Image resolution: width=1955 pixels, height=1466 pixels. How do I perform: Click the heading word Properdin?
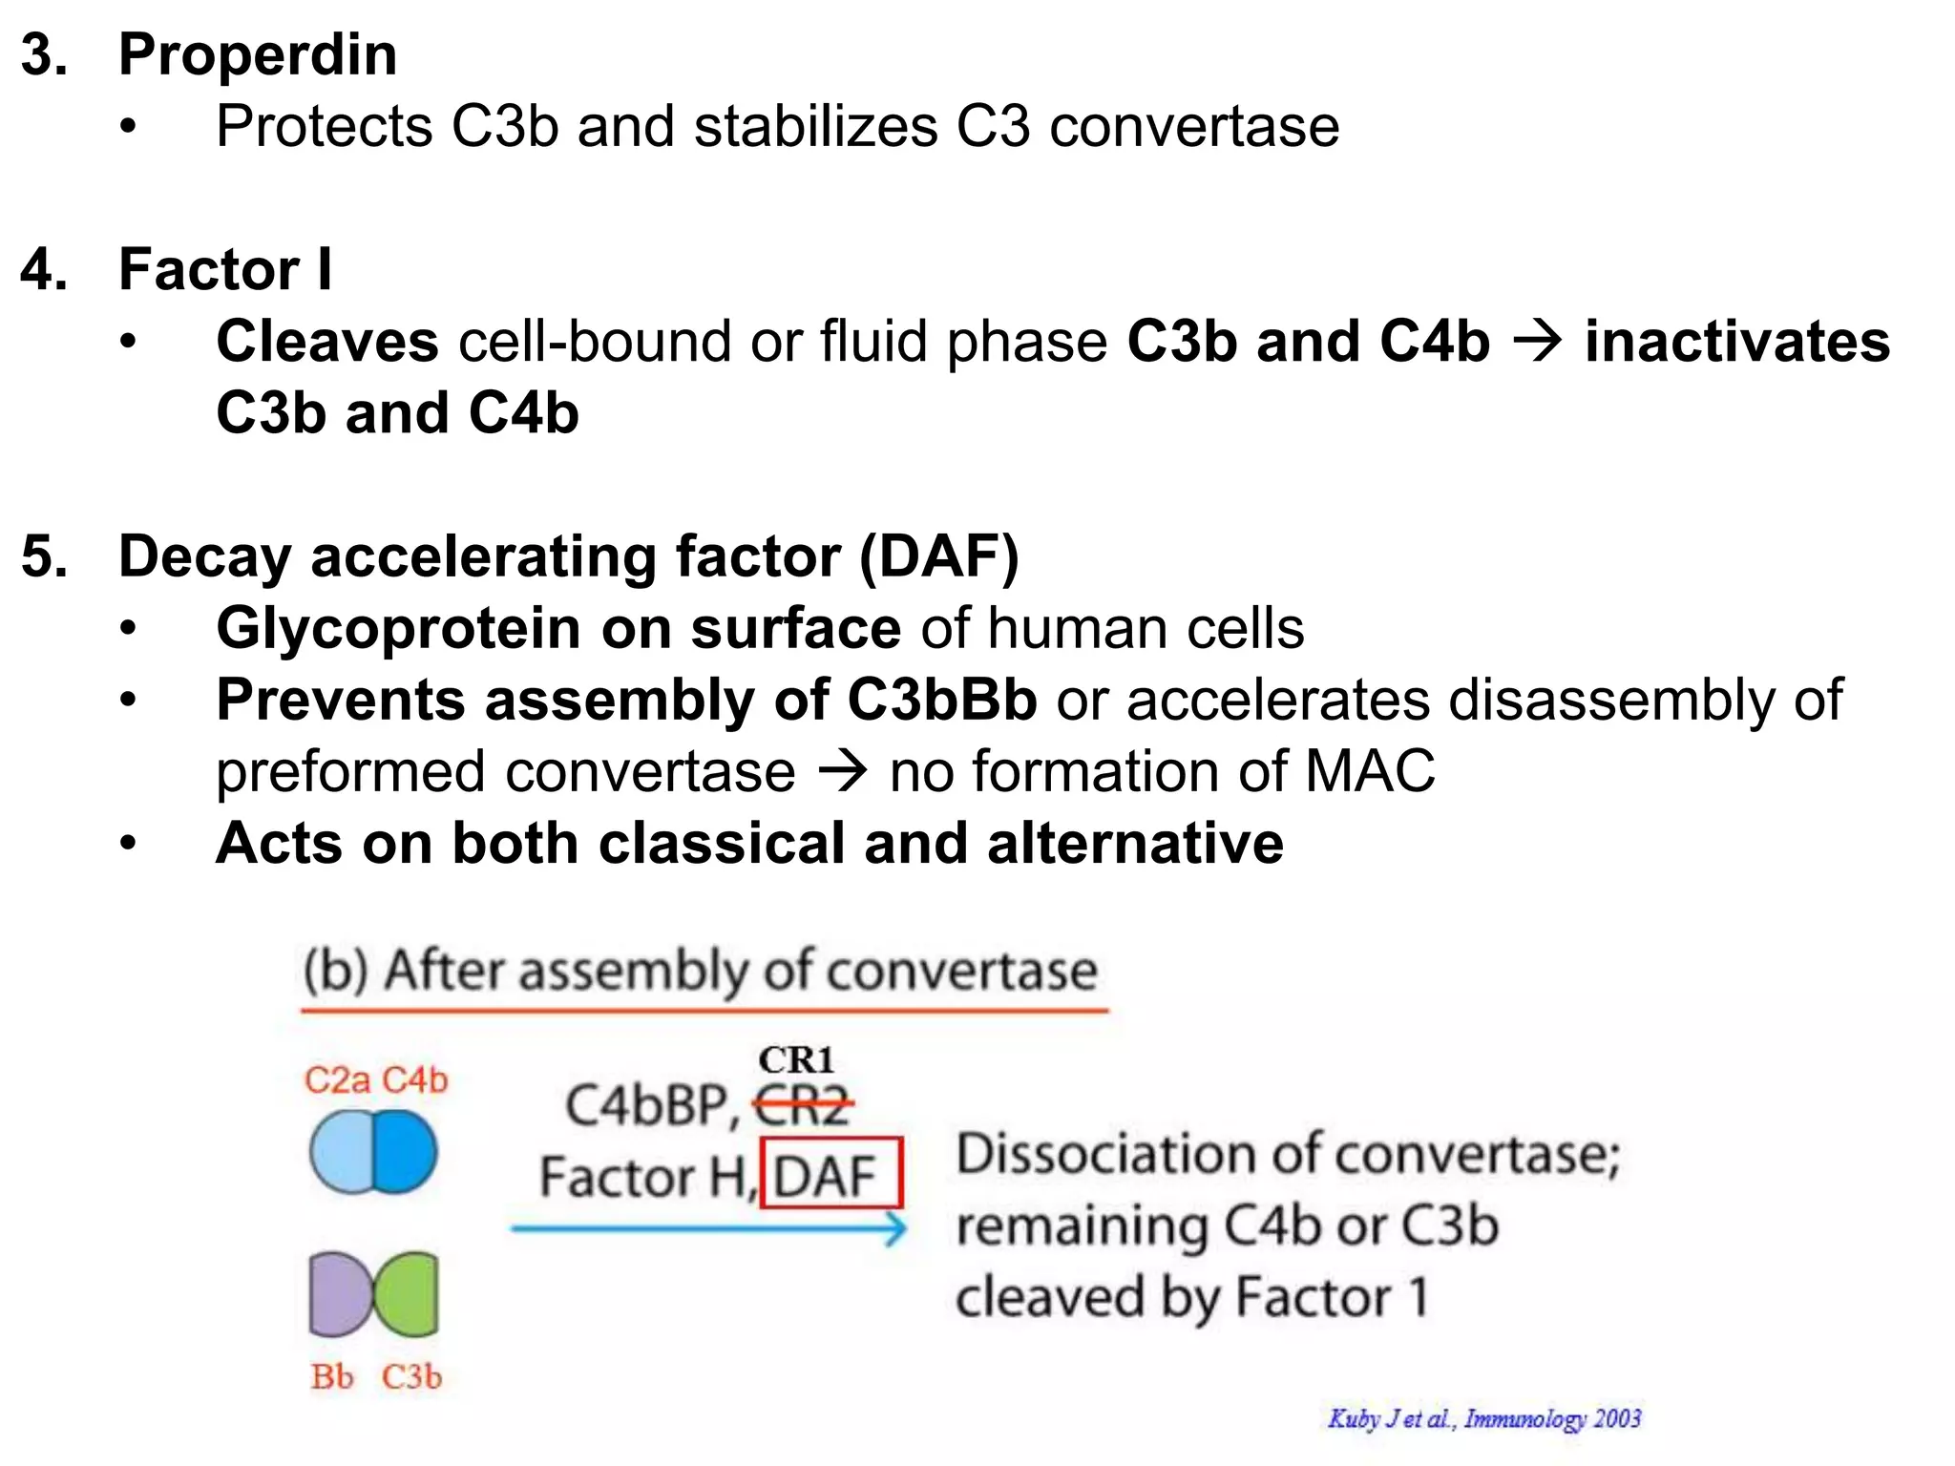[x=258, y=55]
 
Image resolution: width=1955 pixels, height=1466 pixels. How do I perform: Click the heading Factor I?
[x=225, y=269]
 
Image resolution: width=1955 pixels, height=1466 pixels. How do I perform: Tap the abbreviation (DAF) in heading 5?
[x=939, y=556]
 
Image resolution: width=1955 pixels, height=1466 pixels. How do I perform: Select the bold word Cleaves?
[x=327, y=342]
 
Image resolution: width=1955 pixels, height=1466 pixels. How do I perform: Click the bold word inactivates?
[x=1736, y=342]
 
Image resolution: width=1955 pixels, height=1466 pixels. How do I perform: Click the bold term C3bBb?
[x=941, y=701]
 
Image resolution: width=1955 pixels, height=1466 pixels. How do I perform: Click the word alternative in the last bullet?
[x=1135, y=844]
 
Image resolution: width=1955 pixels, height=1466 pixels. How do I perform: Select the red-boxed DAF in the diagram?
[x=829, y=1175]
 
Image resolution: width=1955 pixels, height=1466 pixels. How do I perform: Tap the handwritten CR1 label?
[x=796, y=1059]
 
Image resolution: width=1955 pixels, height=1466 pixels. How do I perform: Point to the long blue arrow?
[x=706, y=1228]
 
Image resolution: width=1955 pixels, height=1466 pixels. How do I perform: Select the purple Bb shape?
[x=336, y=1294]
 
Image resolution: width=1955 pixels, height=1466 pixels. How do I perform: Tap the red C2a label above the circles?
[x=337, y=1080]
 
